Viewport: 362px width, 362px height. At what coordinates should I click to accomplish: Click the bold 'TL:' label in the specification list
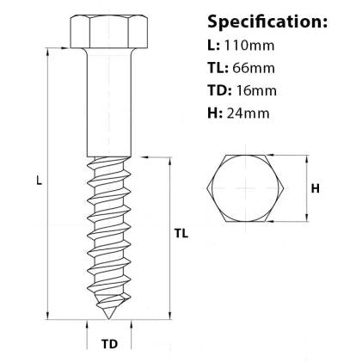coord(218,67)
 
